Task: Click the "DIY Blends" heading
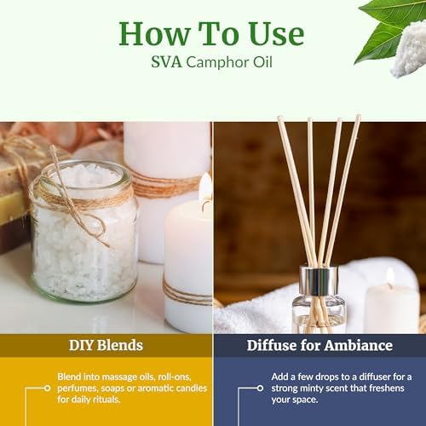tap(106, 344)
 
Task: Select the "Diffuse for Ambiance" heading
tap(319, 344)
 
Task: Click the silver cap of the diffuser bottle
tap(319, 279)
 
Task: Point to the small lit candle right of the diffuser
tap(391, 307)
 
